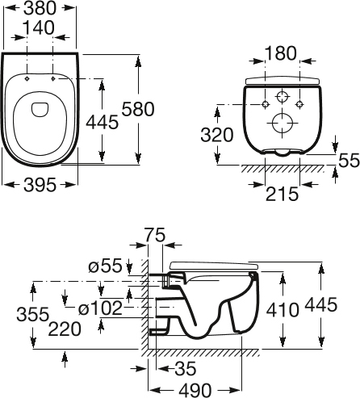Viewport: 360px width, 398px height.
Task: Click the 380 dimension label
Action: coord(40,8)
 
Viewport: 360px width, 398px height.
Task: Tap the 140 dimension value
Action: coord(39,27)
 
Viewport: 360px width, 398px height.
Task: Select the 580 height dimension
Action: coord(138,109)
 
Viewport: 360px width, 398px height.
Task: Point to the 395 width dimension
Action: coord(40,185)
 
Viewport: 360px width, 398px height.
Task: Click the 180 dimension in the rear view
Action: coord(281,53)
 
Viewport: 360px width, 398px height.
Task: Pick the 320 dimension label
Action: coord(217,135)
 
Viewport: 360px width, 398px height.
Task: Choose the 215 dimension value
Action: coord(283,194)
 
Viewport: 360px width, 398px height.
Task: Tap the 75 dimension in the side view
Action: coord(154,235)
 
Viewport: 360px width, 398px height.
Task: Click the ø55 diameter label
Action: coord(105,266)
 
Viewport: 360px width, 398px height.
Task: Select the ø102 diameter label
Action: coord(100,308)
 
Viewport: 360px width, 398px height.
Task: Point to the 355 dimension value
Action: coord(33,314)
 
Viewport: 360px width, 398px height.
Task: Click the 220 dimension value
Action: coord(65,329)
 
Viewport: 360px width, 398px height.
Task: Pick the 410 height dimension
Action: coord(283,310)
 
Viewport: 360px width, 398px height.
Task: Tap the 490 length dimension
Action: coord(195,390)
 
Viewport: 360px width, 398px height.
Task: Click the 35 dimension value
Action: coord(186,368)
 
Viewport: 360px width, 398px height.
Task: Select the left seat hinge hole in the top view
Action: coord(27,78)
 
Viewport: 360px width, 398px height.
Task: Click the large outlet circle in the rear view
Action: coord(283,123)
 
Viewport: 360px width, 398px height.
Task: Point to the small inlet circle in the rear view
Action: coord(282,97)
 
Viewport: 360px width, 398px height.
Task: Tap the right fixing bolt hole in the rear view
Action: coord(299,104)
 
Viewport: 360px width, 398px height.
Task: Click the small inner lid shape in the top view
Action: coord(40,110)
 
